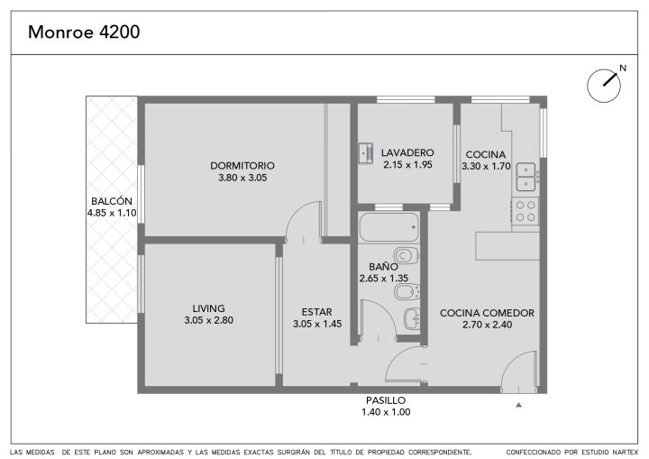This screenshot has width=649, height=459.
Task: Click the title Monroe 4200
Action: tap(84, 32)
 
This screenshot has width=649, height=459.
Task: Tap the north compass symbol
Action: tap(604, 86)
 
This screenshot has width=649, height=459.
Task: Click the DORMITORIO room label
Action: tap(242, 166)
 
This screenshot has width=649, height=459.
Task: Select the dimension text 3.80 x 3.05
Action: tap(242, 178)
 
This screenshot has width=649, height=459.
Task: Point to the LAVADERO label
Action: tap(407, 152)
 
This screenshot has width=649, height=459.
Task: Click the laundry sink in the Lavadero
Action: tap(365, 153)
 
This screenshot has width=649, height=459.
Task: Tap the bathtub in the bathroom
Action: tap(388, 227)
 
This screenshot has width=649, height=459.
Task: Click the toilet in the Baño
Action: tap(407, 255)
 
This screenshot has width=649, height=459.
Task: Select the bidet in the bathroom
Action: tap(407, 291)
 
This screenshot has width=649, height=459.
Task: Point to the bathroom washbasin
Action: tap(412, 318)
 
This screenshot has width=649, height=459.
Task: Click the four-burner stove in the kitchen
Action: tap(526, 211)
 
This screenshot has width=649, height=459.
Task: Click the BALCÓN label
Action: tap(112, 201)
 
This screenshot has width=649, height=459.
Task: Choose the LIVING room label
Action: tap(208, 308)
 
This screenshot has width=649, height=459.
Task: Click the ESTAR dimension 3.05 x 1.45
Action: tap(317, 324)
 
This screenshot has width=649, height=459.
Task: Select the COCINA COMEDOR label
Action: tap(487, 313)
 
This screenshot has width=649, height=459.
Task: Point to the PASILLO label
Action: tap(386, 400)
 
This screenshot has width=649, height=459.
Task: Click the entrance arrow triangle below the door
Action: tap(518, 405)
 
